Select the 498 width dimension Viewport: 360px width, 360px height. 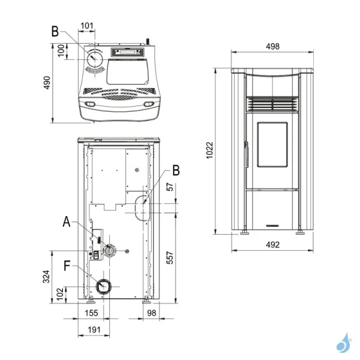tap(272, 46)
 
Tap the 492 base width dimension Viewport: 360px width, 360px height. tap(272, 244)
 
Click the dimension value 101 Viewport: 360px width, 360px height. tap(86, 25)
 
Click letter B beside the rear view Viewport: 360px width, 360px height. tap(175, 170)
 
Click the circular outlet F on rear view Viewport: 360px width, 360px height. tap(104, 287)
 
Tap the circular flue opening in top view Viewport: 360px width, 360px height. tap(95, 59)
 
